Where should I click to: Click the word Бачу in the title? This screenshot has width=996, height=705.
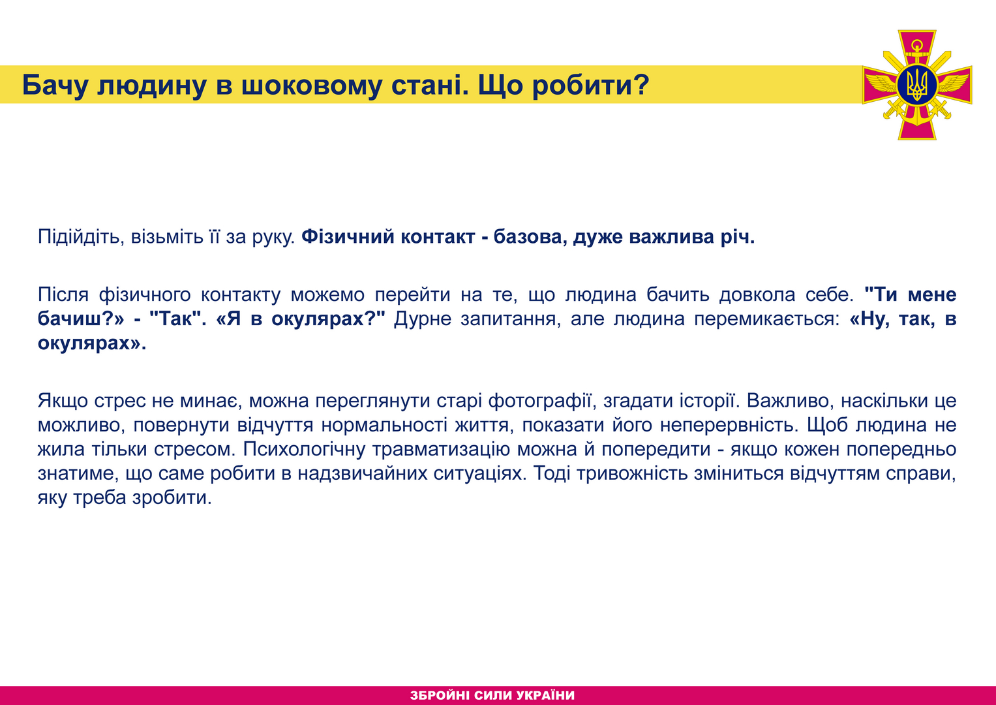tap(55, 85)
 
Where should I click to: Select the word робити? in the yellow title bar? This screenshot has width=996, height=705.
tap(591, 85)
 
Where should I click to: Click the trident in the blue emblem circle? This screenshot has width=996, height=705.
tap(917, 85)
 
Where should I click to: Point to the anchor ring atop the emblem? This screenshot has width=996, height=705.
tap(917, 45)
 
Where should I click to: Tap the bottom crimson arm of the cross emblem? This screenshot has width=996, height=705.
tap(917, 125)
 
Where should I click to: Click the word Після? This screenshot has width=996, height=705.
tap(63, 294)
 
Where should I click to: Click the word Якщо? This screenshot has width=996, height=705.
tap(63, 401)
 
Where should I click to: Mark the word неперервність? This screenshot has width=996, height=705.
tap(727, 424)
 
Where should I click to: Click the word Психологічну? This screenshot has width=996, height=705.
tap(304, 448)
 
